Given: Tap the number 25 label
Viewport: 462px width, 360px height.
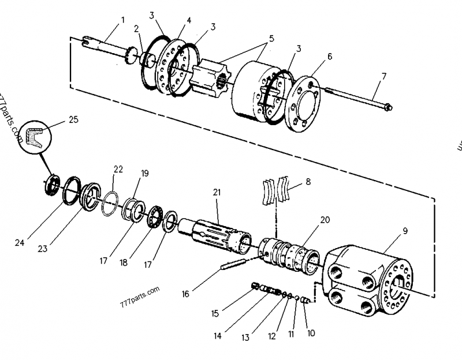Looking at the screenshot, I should coord(73,119).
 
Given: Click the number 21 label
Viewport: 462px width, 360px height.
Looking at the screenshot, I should coord(217,192).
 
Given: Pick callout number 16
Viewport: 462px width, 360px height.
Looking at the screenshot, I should coord(185,294).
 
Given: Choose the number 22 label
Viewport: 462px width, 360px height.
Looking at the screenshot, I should coord(118,169).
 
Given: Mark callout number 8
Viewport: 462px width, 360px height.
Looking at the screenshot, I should coord(308,181).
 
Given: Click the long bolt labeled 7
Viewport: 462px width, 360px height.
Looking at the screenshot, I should coord(358,98).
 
